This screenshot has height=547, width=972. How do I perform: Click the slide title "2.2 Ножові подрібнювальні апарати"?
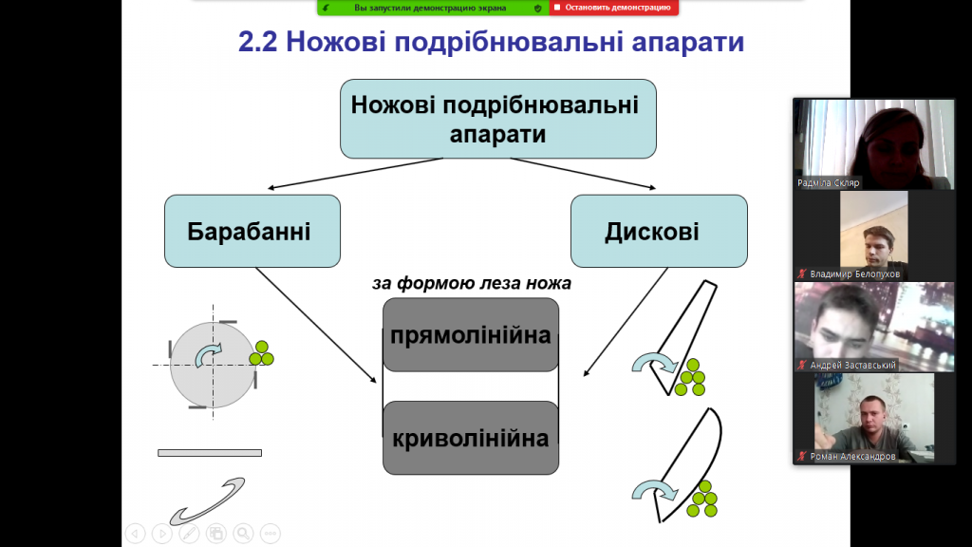490,43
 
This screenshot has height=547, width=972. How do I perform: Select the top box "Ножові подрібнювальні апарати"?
497,119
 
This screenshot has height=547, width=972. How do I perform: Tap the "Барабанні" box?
252,231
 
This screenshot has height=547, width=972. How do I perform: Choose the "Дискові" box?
658,231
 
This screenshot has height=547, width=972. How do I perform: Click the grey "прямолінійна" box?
470,334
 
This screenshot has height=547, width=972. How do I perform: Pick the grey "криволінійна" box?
470,438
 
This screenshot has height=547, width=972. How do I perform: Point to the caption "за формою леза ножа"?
471,283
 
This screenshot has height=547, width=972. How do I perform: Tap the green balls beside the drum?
261,354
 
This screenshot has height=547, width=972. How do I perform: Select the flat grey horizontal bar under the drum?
209,452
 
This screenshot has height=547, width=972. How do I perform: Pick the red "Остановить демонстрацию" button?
613,8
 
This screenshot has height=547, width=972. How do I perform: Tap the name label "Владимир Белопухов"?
854,273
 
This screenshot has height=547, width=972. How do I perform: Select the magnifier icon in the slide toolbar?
244,533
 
